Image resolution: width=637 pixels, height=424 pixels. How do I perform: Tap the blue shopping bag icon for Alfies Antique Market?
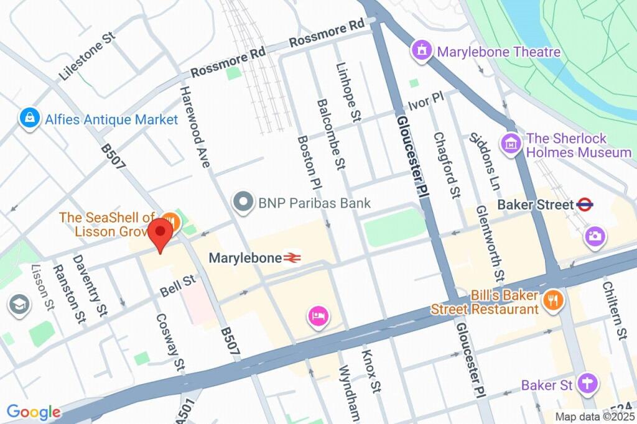pos(29,119)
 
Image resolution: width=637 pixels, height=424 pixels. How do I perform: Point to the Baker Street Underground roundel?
pos(585,203)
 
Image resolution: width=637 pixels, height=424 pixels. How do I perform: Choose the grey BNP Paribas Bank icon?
pos(243,202)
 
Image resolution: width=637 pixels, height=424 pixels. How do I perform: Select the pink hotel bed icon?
pos(317,316)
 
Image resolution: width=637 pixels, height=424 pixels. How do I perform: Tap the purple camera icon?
pos(594,236)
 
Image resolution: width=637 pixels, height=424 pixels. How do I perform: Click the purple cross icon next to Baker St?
pos(586,384)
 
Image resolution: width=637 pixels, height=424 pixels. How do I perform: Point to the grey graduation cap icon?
pos(20,305)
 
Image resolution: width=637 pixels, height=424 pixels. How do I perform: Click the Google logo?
pos(33,412)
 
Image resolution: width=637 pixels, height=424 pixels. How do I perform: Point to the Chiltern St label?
pos(614,308)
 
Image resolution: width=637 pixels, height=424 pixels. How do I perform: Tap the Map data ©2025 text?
pos(594,417)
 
